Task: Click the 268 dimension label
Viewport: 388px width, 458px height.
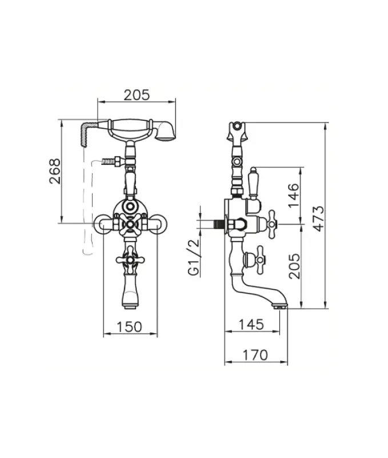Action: [55, 171]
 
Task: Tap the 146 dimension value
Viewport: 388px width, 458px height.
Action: [294, 195]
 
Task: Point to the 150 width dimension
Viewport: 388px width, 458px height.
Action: [130, 327]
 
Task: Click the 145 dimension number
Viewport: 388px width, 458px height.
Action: [251, 325]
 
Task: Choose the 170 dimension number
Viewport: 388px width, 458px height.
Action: [255, 355]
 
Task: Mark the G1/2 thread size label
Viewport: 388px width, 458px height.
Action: [194, 257]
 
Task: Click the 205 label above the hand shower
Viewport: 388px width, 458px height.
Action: [137, 95]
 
